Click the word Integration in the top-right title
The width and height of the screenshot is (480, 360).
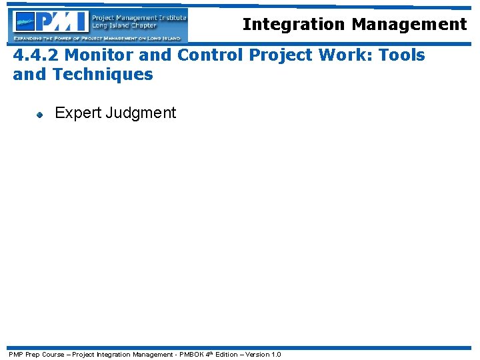point(294,25)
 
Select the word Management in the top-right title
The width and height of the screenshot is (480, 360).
point(409,25)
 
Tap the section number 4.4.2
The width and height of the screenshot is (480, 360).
point(37,55)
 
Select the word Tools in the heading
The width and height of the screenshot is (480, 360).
point(401,55)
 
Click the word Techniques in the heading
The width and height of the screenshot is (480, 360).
point(102,74)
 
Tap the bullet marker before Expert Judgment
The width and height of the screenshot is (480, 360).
point(39,114)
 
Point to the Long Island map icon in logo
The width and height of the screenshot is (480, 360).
point(25,23)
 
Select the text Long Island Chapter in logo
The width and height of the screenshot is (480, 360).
point(125,26)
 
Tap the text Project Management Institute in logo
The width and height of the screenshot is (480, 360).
point(139,17)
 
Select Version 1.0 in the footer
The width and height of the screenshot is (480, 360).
point(263,354)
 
